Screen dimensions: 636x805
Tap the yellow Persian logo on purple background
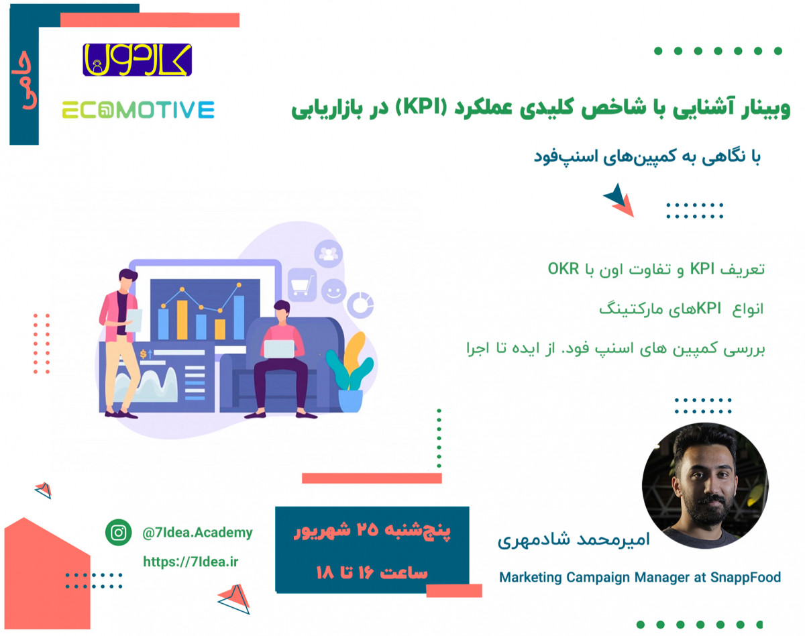137,59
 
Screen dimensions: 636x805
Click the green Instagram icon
119,533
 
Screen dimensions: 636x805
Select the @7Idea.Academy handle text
198,533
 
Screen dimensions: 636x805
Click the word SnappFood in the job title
747,577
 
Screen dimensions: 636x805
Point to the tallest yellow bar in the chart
182,320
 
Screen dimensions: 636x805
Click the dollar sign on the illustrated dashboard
142,353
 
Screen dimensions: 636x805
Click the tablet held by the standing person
133,319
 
